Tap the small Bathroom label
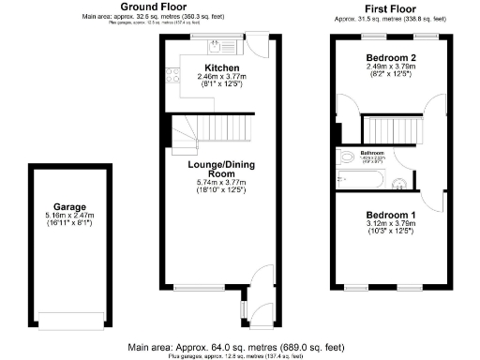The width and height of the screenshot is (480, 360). pos(375,152)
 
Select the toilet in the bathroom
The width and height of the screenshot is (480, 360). pos(346,157)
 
